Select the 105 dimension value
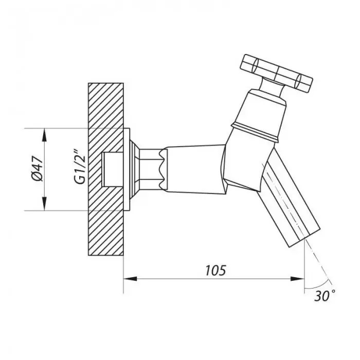coord(215,271)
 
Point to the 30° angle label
coord(325,296)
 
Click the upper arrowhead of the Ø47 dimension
coord(45,135)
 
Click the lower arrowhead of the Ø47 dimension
coord(45,204)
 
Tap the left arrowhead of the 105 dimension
coord(131,279)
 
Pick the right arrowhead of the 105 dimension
coord(298,279)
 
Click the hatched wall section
coord(106,169)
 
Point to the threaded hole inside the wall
coord(113,169)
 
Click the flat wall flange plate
coord(127,169)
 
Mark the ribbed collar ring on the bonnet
coord(255,131)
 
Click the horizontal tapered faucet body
coord(195,169)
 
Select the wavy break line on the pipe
coord(164,169)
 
